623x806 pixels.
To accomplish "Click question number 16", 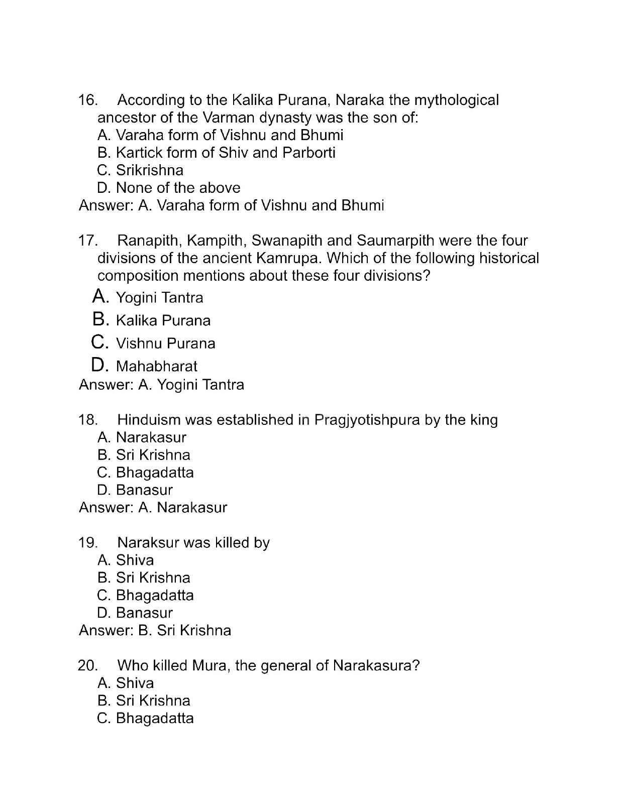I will pyautogui.click(x=87, y=100).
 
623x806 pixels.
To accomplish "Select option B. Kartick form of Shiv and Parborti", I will pyautogui.click(x=216, y=153).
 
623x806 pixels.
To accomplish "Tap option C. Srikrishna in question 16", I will pyautogui.click(x=140, y=170).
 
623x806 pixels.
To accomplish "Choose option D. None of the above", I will pyautogui.click(x=168, y=188).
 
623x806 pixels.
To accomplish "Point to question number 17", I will pyautogui.click(x=87, y=241).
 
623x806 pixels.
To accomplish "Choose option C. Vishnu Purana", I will pyautogui.click(x=154, y=343).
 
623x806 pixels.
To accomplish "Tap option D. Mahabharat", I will pyautogui.click(x=145, y=366).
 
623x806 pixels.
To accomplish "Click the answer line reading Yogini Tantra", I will pyautogui.click(x=161, y=385).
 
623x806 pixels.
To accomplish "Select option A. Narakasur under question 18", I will pyautogui.click(x=142, y=437).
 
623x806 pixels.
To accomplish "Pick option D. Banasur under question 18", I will pyautogui.click(x=135, y=490).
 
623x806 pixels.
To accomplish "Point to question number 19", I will pyautogui.click(x=87, y=543).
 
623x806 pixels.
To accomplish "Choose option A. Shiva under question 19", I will pyautogui.click(x=126, y=560).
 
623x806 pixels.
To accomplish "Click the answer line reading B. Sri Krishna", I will pyautogui.click(x=155, y=631).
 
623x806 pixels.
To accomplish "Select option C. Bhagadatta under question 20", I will pyautogui.click(x=145, y=718).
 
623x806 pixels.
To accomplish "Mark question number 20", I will pyautogui.click(x=87, y=666).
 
